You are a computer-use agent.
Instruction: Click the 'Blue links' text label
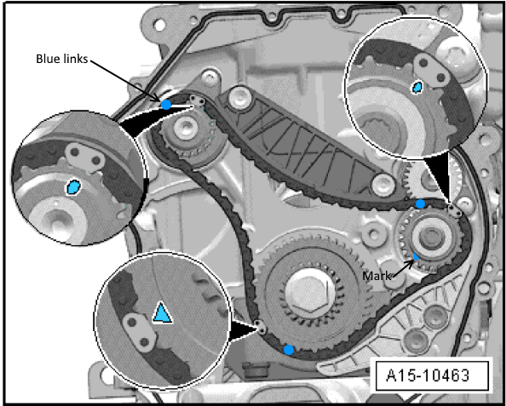[x=61, y=59]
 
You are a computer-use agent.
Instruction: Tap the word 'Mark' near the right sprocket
[x=377, y=276]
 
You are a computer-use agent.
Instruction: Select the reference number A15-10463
[x=428, y=375]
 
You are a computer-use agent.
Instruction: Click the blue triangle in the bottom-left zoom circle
[x=163, y=313]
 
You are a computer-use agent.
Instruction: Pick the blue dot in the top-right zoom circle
[x=417, y=87]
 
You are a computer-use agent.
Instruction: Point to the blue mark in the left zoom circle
[x=73, y=187]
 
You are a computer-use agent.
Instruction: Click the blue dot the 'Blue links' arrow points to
[x=166, y=105]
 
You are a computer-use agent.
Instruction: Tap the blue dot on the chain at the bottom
[x=289, y=350]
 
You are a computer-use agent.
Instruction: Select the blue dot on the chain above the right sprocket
[x=420, y=203]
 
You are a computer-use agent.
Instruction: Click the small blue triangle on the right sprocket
[x=417, y=257]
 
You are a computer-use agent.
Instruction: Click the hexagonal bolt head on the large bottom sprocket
[x=309, y=294]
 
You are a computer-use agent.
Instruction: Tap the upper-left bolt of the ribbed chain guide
[x=239, y=98]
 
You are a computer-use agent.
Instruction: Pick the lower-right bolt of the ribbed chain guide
[x=383, y=185]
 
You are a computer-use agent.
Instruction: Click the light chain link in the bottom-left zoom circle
[x=140, y=332]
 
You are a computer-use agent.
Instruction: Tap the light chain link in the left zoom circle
[x=85, y=157]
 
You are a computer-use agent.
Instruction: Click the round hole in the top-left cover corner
[x=159, y=24]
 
